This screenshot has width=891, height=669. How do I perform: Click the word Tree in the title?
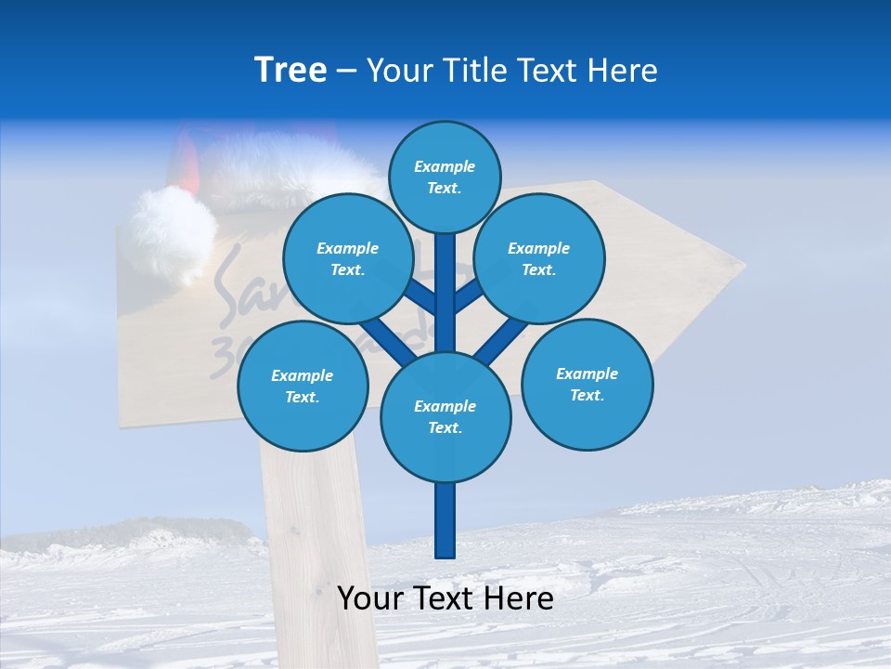[291, 70]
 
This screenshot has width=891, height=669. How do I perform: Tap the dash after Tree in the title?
[346, 71]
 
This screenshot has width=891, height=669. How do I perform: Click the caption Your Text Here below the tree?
[445, 598]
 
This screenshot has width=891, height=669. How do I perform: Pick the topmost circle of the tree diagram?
[445, 177]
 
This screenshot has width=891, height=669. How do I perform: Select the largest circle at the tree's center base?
[445, 417]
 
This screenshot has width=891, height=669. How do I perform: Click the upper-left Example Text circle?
[348, 258]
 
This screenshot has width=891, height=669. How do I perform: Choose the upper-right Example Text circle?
[539, 258]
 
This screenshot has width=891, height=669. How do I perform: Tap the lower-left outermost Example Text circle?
[303, 387]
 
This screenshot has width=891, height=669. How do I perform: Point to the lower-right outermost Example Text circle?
[588, 384]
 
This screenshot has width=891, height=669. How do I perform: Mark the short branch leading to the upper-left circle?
[420, 298]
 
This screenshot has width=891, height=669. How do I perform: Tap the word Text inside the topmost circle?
[444, 188]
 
